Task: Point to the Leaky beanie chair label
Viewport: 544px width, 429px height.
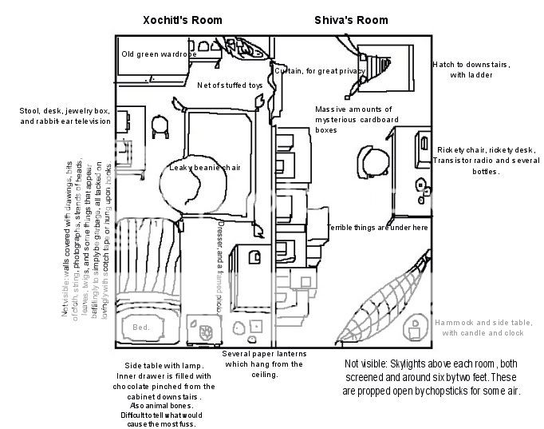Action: (205, 168)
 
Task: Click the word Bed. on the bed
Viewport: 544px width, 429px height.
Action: (140, 328)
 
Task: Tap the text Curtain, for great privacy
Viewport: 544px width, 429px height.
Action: (319, 71)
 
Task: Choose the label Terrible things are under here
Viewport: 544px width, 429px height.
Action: (377, 228)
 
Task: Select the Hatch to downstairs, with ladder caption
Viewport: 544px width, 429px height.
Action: (471, 70)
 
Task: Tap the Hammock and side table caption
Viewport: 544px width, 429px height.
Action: (479, 328)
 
